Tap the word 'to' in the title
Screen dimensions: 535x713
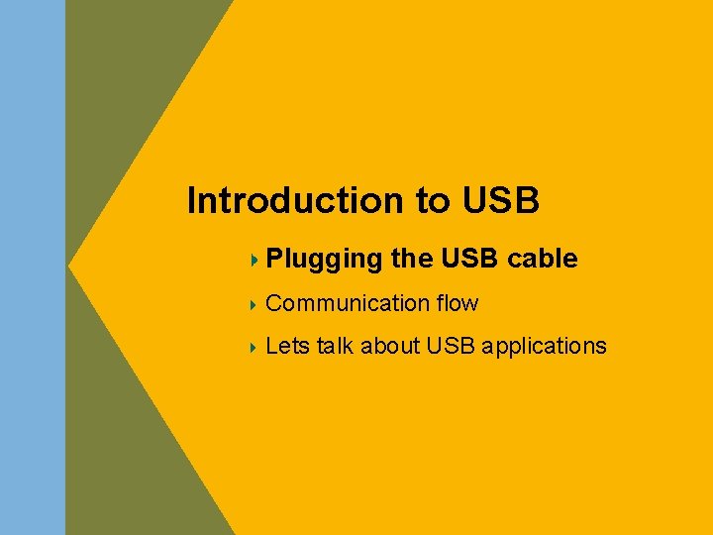[432, 201]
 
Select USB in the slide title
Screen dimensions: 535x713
[500, 201]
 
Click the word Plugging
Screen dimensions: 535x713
[324, 261]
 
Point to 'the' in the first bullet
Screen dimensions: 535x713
[411, 260]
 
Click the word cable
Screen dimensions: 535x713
[542, 260]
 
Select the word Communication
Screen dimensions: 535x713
[347, 303]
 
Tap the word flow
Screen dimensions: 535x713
[457, 303]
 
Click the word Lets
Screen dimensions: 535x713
[287, 347]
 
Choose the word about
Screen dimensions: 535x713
[391, 347]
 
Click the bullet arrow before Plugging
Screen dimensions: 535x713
[255, 261]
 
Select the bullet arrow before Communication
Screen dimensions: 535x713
[255, 303]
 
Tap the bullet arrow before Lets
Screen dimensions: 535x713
[255, 347]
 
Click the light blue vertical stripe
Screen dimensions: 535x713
[32, 267]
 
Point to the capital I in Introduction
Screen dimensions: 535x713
[192, 201]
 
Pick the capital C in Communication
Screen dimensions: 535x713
[274, 303]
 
